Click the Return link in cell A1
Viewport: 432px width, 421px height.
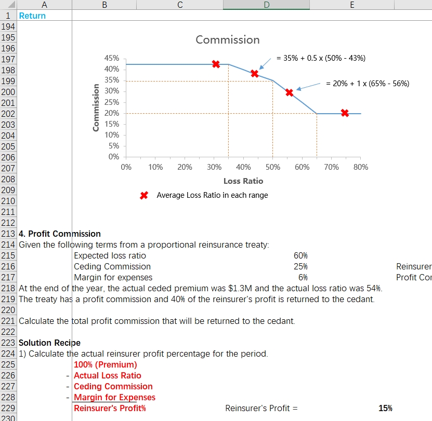click(x=32, y=16)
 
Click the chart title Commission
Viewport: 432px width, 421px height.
click(x=228, y=40)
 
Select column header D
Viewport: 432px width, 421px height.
click(x=266, y=5)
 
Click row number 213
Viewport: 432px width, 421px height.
click(x=8, y=234)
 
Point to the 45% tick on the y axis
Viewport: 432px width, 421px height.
click(x=112, y=58)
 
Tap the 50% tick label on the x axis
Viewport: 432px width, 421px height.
click(x=273, y=167)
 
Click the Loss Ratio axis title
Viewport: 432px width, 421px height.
click(x=243, y=181)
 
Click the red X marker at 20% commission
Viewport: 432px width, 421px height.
click(x=345, y=113)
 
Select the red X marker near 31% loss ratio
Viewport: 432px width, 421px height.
click(x=216, y=64)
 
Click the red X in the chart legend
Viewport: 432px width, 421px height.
click(x=144, y=195)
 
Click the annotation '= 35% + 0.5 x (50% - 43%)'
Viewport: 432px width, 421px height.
click(x=321, y=58)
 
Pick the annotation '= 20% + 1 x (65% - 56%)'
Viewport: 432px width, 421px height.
click(x=368, y=84)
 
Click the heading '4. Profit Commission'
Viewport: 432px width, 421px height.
click(x=59, y=234)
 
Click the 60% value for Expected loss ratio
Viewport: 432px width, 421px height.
click(x=300, y=255)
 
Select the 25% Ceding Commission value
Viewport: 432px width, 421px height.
click(x=300, y=266)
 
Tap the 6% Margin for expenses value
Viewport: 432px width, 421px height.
click(x=303, y=277)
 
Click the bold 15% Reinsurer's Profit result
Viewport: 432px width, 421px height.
click(x=385, y=408)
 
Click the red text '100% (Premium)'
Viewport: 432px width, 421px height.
click(x=105, y=364)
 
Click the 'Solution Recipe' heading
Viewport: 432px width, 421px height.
click(x=49, y=343)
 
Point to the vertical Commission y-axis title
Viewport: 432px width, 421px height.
click(x=96, y=107)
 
